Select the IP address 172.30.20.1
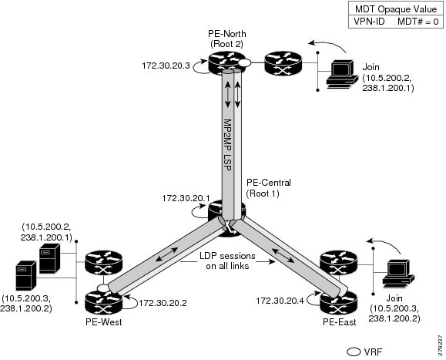point(184,199)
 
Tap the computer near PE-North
point(338,70)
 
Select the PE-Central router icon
point(226,213)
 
